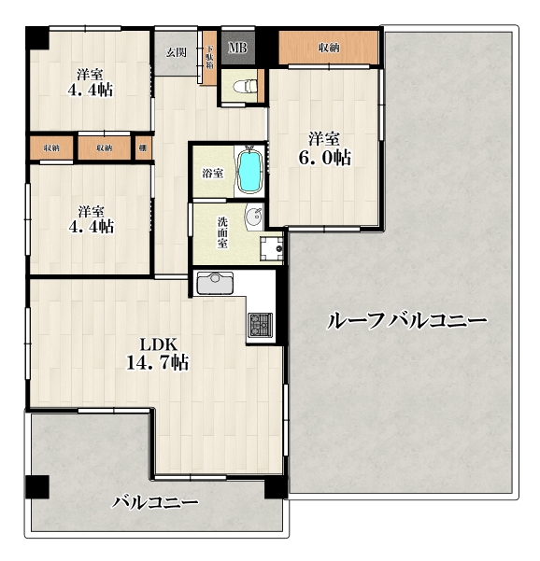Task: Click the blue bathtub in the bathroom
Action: [250, 171]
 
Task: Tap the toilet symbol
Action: [246, 86]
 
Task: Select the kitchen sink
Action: [215, 283]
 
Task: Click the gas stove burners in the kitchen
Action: [261, 325]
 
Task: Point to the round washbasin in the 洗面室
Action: [254, 216]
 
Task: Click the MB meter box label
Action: [238, 48]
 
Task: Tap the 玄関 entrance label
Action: [177, 52]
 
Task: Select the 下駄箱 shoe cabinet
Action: [210, 58]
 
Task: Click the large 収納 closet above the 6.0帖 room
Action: [328, 48]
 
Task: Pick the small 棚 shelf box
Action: [144, 147]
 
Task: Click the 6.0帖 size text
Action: [324, 158]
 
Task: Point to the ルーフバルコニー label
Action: [406, 320]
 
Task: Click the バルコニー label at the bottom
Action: [155, 502]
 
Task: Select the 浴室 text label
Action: [213, 174]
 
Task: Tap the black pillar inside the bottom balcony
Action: [37, 486]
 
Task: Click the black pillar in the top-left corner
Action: [37, 38]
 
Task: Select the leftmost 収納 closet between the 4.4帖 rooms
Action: [51, 147]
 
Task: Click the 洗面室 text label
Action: [222, 232]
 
